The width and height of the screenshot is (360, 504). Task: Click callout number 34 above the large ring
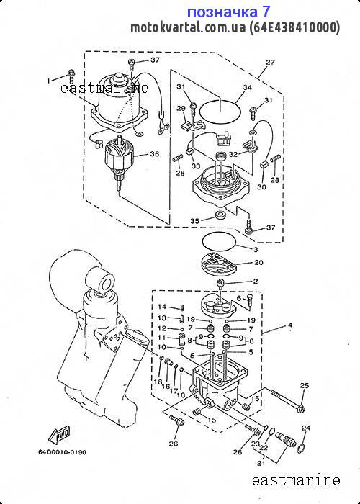pyautogui.click(x=247, y=87)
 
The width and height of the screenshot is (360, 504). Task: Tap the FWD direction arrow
pyautogui.click(x=59, y=436)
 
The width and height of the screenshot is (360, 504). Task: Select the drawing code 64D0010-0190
pyautogui.click(x=63, y=452)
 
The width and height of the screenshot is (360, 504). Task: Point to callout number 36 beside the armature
pyautogui.click(x=154, y=154)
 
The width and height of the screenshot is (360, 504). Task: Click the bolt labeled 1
pyautogui.click(x=71, y=76)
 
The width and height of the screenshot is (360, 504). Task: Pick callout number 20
pyautogui.click(x=258, y=262)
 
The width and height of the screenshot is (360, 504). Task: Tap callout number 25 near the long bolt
pyautogui.click(x=304, y=385)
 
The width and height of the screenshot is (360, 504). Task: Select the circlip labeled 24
pyautogui.click(x=301, y=447)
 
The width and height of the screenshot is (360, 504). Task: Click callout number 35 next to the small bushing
pyautogui.click(x=195, y=221)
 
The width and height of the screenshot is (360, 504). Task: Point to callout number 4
pyautogui.click(x=290, y=325)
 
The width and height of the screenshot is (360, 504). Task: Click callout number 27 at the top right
pyautogui.click(x=271, y=62)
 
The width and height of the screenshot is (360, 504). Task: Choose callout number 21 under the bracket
pyautogui.click(x=261, y=463)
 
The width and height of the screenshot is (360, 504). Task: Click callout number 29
pyautogui.click(x=181, y=108)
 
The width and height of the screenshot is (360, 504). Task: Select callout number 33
pyautogui.click(x=195, y=166)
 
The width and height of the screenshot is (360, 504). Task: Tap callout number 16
pyautogui.click(x=166, y=386)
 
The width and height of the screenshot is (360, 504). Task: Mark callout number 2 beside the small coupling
pyautogui.click(x=256, y=282)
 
